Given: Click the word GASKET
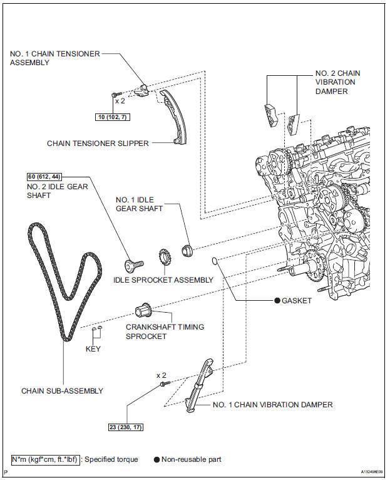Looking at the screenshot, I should (x=296, y=301).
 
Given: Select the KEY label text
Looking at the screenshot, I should (x=93, y=349).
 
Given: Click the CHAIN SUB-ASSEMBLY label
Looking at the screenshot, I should (x=62, y=391).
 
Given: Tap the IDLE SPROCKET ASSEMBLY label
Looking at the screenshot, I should (x=163, y=279).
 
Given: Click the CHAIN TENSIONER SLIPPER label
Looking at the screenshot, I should (x=98, y=143).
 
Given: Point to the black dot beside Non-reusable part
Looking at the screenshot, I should (x=157, y=459).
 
